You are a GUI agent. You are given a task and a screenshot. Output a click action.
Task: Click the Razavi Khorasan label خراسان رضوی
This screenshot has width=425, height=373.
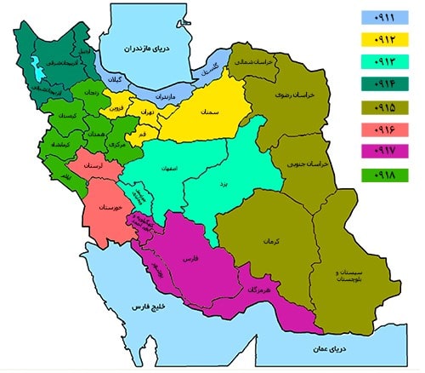(x=304, y=96)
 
